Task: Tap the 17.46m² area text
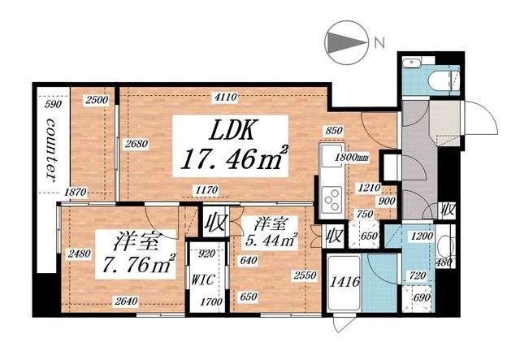pos(232,159)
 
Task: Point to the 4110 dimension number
pos(225,98)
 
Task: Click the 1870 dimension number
pos(75,192)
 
